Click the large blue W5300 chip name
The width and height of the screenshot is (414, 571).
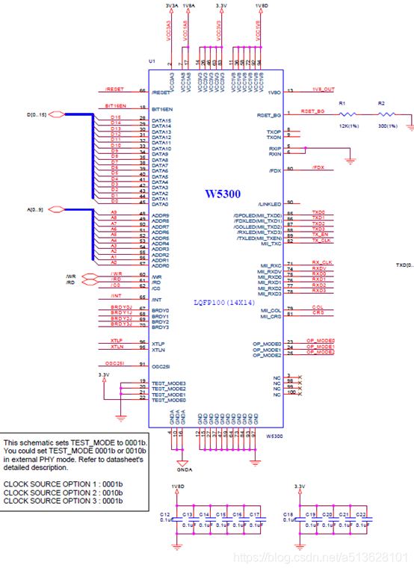222,194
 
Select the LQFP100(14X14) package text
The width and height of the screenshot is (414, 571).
225,302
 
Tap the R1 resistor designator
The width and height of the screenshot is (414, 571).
342,102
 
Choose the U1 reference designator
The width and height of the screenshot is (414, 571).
152,61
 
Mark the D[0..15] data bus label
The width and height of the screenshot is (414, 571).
58,114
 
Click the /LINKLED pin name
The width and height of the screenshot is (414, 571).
268,204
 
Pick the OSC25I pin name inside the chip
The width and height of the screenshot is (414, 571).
161,366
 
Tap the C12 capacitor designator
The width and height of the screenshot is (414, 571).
164,516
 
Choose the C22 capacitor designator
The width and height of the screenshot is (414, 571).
361,516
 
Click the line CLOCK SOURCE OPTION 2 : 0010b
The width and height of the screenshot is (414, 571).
64,493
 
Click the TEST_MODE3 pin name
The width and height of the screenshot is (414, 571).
168,383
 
